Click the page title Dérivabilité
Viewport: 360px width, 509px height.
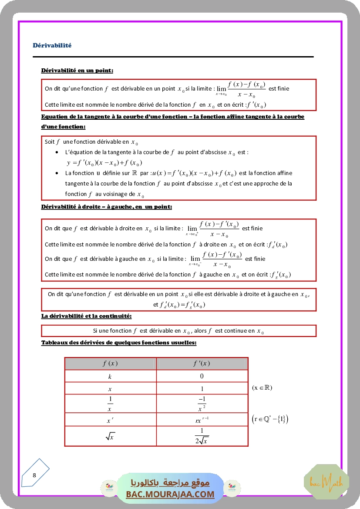tap(52, 45)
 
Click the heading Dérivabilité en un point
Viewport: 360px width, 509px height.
tap(77, 70)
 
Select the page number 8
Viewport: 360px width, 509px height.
tap(34, 475)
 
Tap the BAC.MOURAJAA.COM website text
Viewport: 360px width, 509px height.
tap(170, 494)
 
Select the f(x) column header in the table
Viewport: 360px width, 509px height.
tap(110, 364)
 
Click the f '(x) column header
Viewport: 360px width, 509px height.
tap(202, 364)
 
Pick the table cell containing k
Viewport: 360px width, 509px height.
tap(110, 376)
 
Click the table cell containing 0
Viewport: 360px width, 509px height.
tap(202, 376)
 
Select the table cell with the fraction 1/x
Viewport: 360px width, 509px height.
tap(110, 404)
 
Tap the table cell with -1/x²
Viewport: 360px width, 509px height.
tap(202, 404)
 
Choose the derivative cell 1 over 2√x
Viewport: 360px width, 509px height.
tap(202, 436)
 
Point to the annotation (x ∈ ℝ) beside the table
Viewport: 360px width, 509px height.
tap(262, 388)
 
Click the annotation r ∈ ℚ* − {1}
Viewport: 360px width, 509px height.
tap(270, 419)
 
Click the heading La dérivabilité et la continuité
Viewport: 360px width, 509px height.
tap(86, 316)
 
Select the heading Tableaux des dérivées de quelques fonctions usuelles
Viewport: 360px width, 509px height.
tap(119, 343)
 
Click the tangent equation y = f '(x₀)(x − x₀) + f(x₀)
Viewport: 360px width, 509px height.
tap(104, 163)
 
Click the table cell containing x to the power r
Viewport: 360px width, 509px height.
tap(110, 421)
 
